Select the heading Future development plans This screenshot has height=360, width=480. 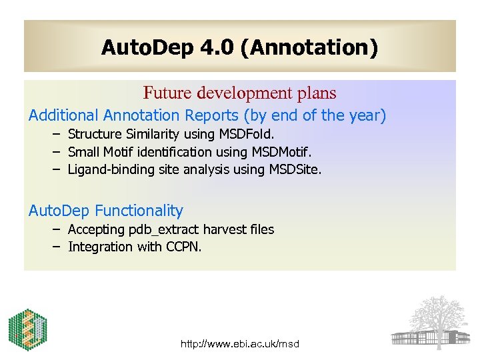click(x=239, y=93)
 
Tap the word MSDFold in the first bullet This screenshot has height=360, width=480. click(x=248, y=135)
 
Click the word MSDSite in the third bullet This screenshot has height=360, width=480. click(x=295, y=169)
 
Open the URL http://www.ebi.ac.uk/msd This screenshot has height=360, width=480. click(x=240, y=344)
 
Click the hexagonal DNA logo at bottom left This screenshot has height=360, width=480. click(x=27, y=330)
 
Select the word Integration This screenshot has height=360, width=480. click(x=100, y=247)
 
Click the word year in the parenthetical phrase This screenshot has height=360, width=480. click(x=363, y=115)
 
